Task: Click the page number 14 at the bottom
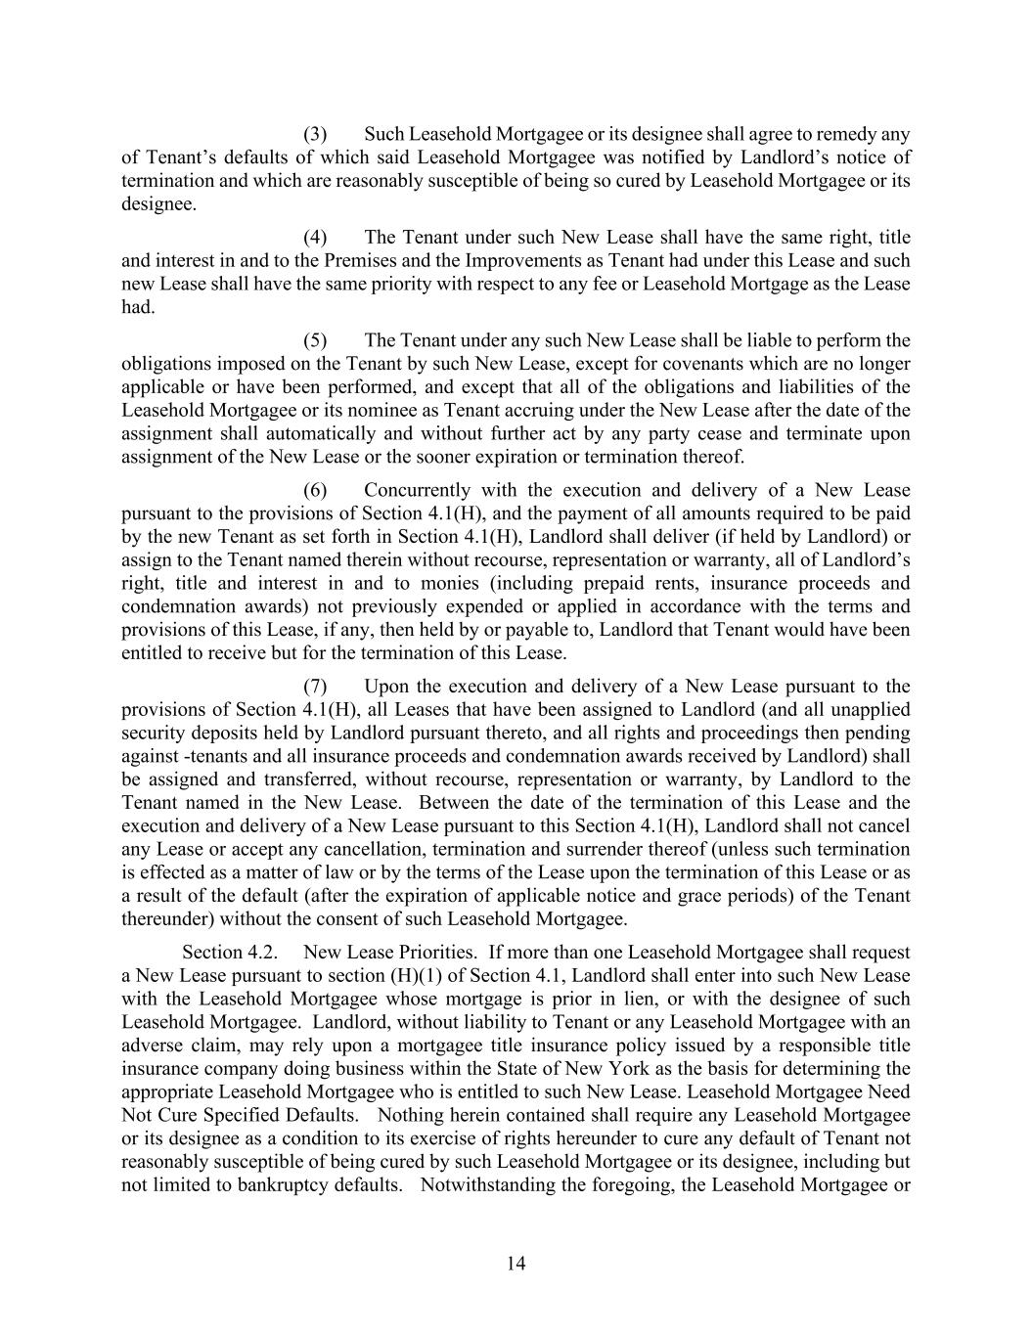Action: coord(516,1264)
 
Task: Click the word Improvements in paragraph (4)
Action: coord(515,261)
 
